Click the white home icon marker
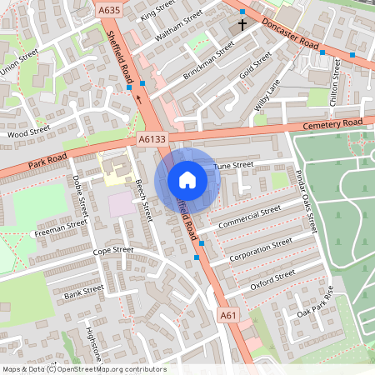click(x=187, y=180)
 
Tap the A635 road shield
click(x=108, y=11)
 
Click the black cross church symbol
click(x=242, y=25)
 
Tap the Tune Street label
click(x=232, y=167)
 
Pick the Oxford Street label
click(x=272, y=279)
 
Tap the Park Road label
click(x=47, y=157)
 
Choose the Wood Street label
click(x=28, y=132)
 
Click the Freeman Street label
click(x=61, y=227)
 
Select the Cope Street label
click(x=113, y=250)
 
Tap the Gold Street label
click(x=256, y=66)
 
